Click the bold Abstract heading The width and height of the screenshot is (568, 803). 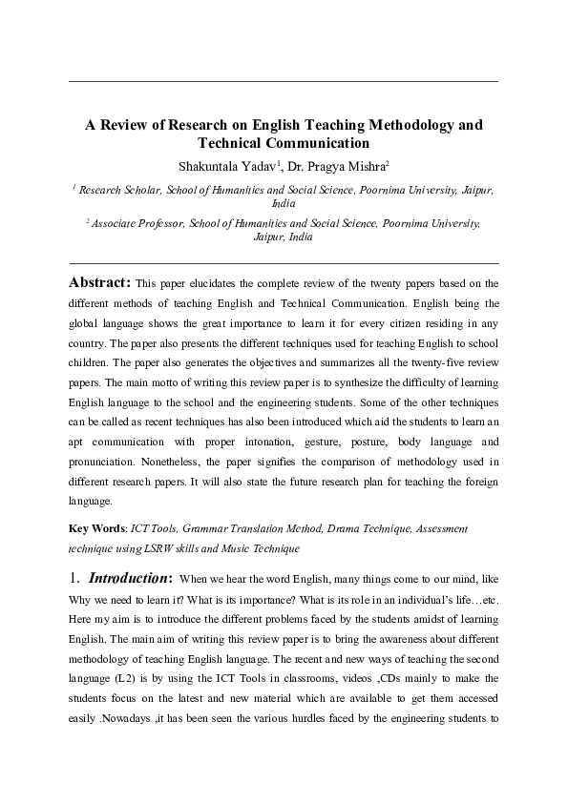99,283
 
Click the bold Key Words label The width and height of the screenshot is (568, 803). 99,528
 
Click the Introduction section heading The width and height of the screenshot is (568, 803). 130,579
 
